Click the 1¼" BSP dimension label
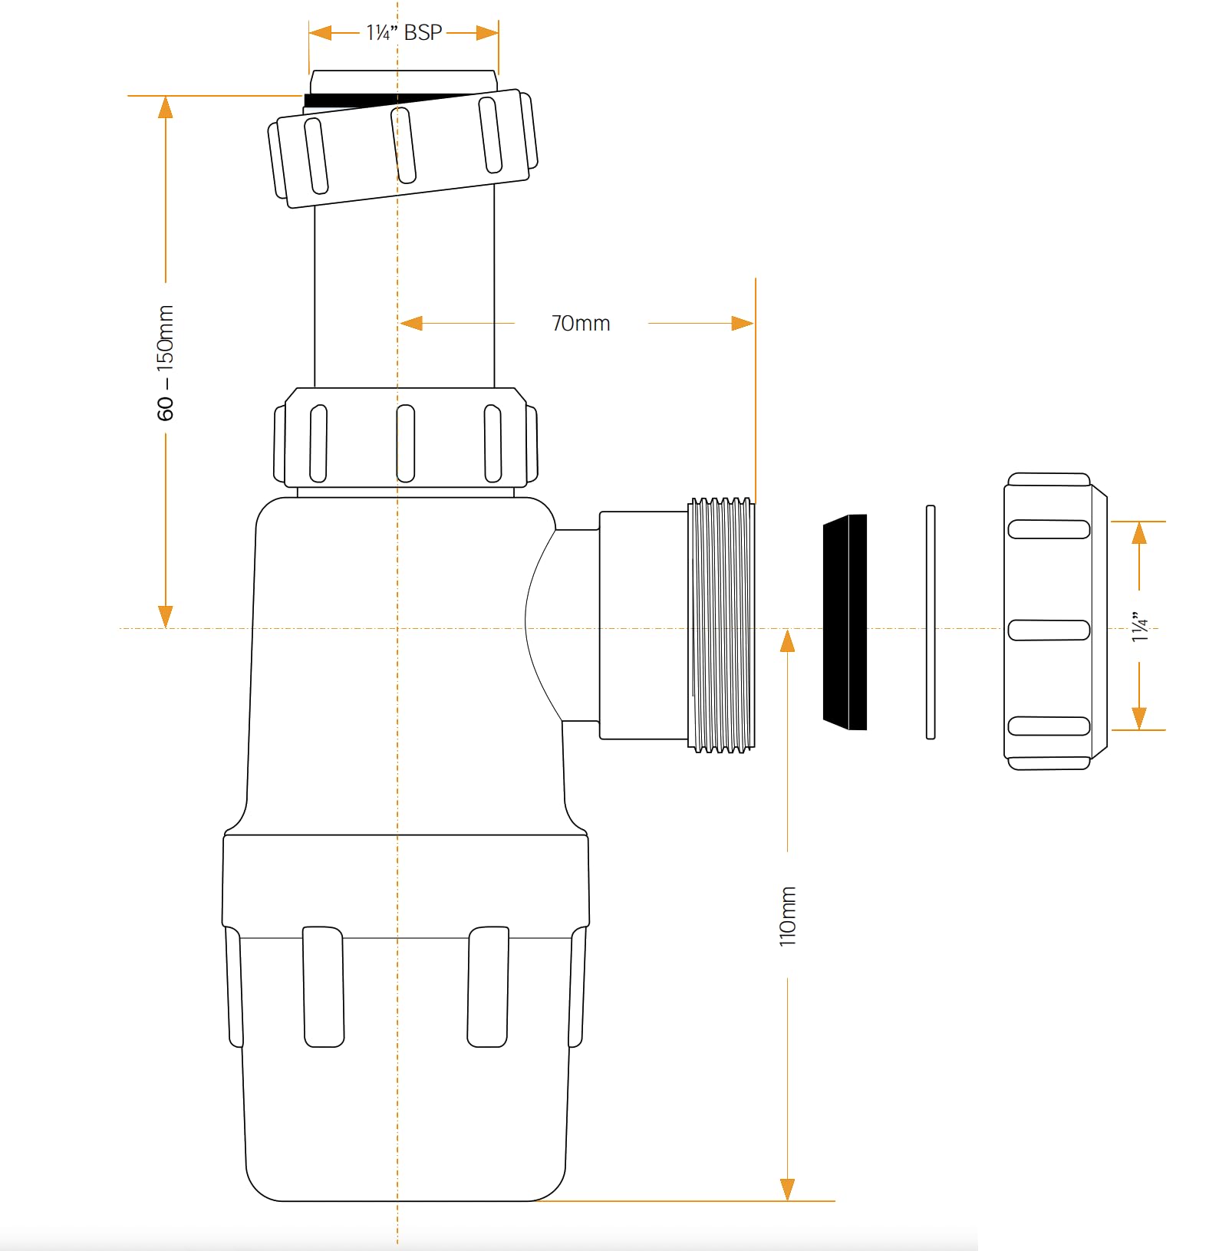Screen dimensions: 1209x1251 click(x=404, y=32)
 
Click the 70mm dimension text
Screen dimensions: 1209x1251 click(x=581, y=324)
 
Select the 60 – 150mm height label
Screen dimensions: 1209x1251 click(x=166, y=363)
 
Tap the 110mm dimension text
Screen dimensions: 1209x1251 click(x=788, y=916)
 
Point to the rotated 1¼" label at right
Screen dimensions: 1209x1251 click(x=1141, y=627)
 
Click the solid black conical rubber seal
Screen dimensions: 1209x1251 click(x=845, y=622)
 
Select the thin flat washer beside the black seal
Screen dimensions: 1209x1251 click(x=931, y=622)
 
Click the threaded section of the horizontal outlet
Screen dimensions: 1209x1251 click(x=722, y=625)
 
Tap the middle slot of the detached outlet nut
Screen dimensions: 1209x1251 click(x=1049, y=630)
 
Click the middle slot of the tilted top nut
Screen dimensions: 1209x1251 click(x=404, y=145)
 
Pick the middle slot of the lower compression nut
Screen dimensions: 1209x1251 click(x=406, y=443)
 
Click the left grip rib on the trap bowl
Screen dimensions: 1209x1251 click(x=323, y=986)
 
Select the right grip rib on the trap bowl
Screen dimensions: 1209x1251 click(x=488, y=986)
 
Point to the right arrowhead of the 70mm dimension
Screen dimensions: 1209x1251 click(x=743, y=324)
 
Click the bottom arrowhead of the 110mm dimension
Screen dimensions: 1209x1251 click(x=788, y=1190)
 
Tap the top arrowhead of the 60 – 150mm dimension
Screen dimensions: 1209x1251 click(x=165, y=107)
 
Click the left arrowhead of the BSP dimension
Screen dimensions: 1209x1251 click(x=320, y=33)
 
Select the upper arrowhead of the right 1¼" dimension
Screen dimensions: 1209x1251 click(x=1139, y=532)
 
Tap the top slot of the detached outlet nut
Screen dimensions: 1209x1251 click(x=1049, y=529)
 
